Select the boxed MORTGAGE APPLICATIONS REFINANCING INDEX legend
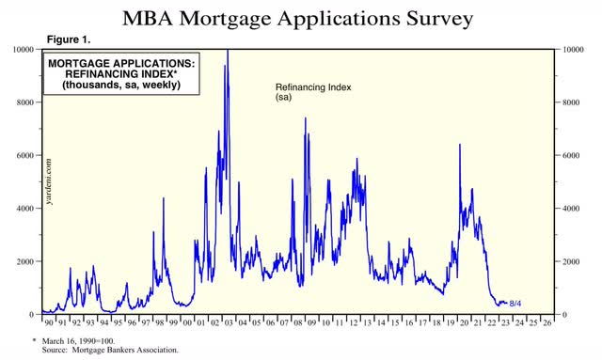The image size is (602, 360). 123,72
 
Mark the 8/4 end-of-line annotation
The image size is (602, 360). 516,304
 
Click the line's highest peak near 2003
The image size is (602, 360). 227,51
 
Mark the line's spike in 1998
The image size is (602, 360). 164,198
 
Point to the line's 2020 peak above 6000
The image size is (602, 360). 459,145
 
